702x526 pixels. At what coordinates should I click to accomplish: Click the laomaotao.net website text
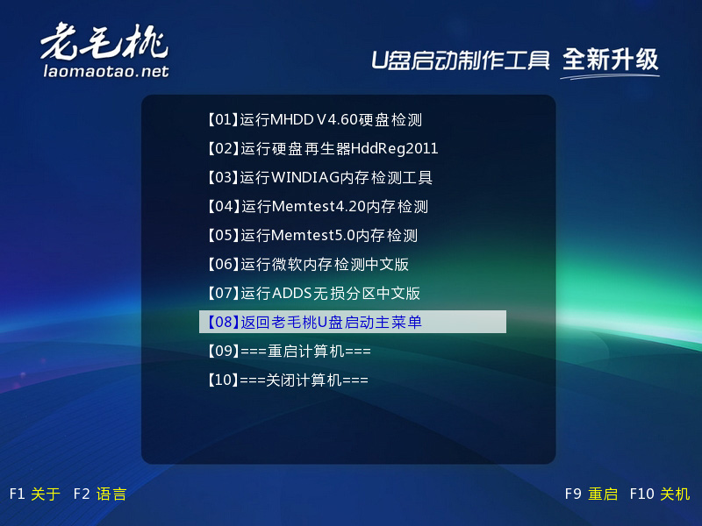click(106, 71)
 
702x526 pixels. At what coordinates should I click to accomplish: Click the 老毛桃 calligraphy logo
click(104, 41)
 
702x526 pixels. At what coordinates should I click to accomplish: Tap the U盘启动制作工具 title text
click(460, 60)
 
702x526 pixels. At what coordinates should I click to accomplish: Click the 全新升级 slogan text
click(610, 60)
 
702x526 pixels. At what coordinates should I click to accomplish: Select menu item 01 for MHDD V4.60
click(315, 119)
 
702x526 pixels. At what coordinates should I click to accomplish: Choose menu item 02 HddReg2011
click(322, 148)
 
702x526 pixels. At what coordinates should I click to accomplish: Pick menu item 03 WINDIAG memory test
click(319, 178)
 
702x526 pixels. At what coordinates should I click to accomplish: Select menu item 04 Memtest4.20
click(318, 206)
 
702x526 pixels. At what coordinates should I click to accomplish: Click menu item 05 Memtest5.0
click(312, 235)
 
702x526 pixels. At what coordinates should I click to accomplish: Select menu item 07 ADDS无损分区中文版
click(313, 294)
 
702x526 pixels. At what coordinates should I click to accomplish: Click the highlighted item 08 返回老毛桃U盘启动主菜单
click(353, 322)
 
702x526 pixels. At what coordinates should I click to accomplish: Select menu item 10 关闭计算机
click(288, 380)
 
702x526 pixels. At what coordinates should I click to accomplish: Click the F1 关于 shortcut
click(35, 494)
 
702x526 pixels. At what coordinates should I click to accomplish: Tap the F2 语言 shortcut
click(100, 494)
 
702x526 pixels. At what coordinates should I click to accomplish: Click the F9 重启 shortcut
click(591, 494)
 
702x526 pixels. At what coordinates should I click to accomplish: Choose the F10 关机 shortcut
click(660, 494)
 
